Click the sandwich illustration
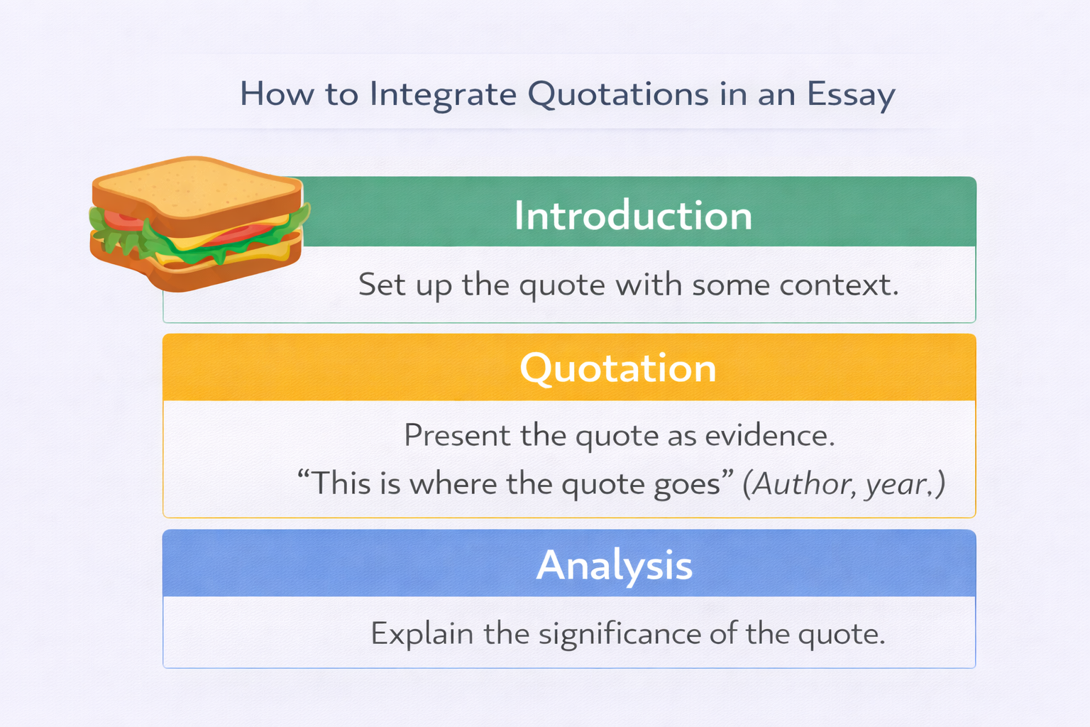(199, 224)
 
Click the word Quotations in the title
(618, 94)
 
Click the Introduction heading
(633, 215)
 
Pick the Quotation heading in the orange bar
(618, 368)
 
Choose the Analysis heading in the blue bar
(614, 565)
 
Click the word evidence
(770, 434)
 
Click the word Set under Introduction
(382, 285)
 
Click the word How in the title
(277, 94)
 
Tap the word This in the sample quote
(341, 484)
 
